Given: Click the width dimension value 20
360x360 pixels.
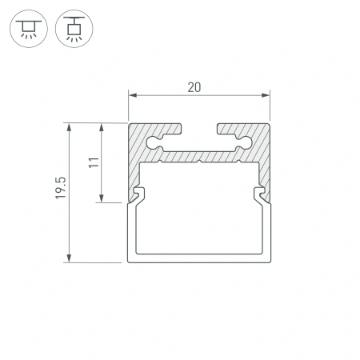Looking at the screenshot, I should tap(194, 87).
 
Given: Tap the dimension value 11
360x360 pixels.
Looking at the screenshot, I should tap(94, 162).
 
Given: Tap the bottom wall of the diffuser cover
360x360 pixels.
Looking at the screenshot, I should tap(198, 259).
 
